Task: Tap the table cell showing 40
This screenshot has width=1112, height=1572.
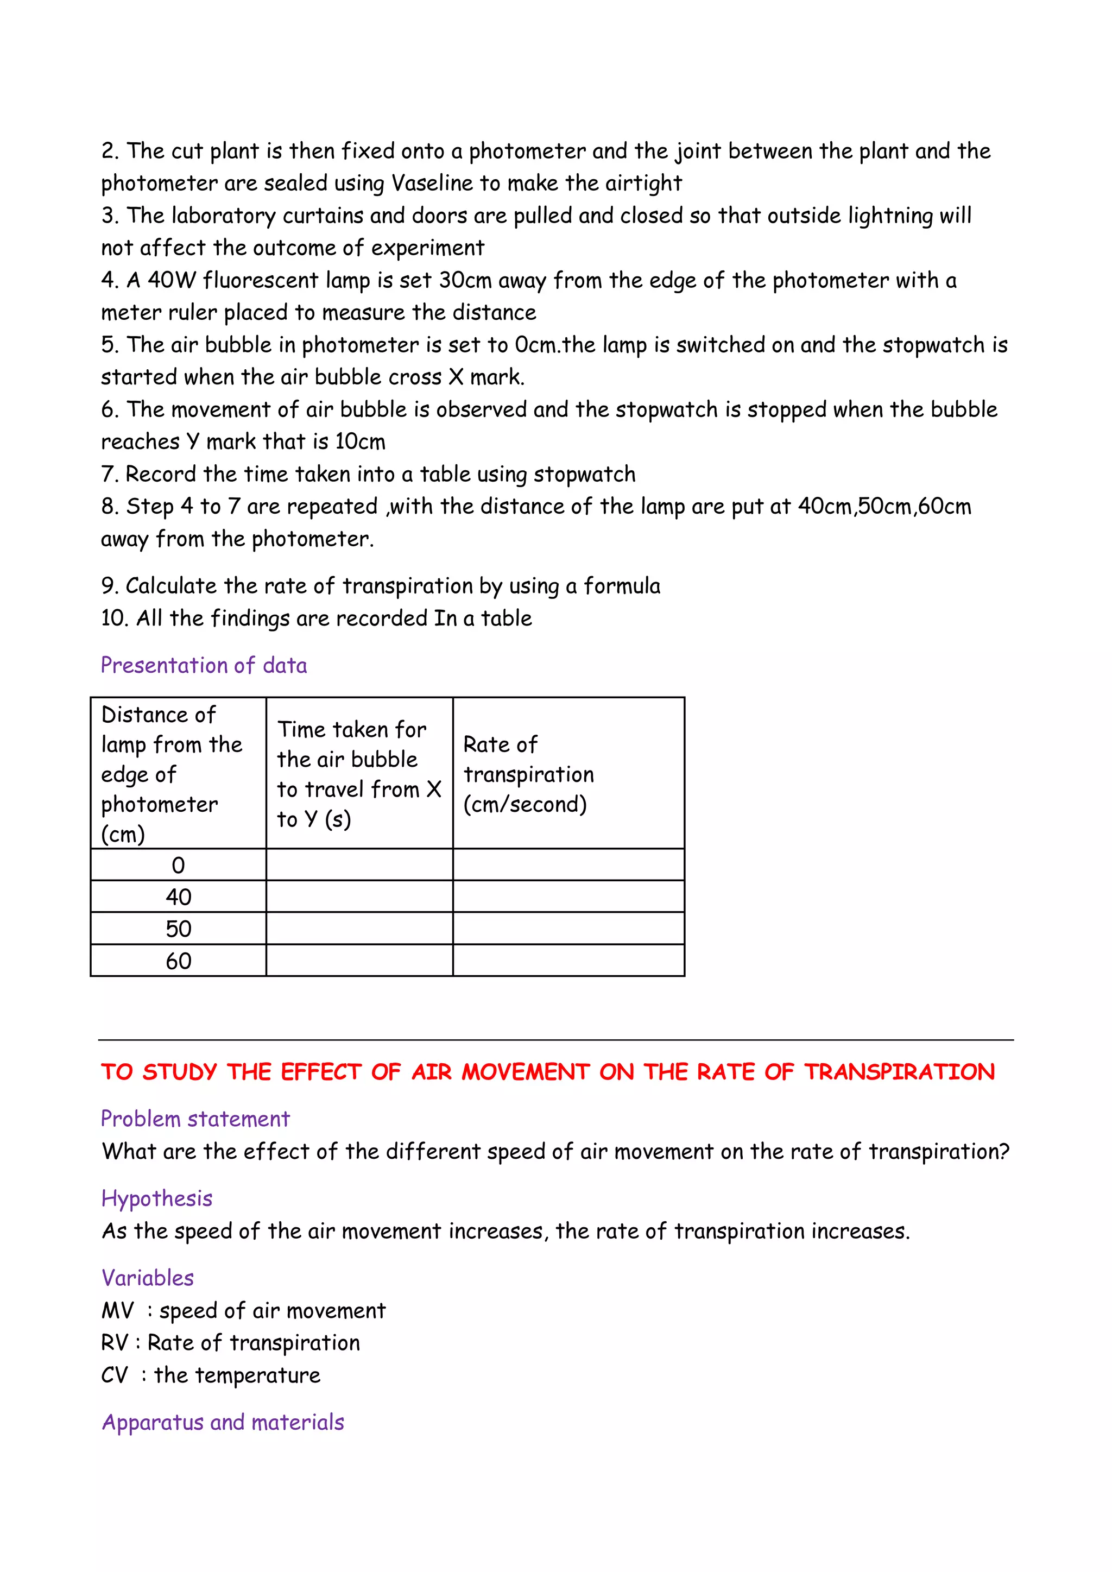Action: click(x=178, y=897)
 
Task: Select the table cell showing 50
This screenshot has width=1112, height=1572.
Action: click(x=178, y=929)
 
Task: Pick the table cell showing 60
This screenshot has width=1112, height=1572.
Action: click(x=178, y=961)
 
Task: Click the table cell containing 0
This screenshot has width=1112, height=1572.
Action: click(x=178, y=866)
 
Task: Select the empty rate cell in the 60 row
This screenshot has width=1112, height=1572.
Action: click(x=568, y=961)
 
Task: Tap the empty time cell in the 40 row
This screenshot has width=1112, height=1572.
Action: click(x=359, y=897)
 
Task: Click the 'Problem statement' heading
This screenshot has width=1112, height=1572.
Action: click(x=195, y=1119)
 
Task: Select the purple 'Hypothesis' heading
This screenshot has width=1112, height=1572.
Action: click(x=157, y=1198)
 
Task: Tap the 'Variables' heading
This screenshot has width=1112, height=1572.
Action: click(x=147, y=1278)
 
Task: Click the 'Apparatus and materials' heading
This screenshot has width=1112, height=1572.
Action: click(x=223, y=1422)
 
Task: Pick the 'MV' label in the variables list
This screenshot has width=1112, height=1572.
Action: click(x=117, y=1310)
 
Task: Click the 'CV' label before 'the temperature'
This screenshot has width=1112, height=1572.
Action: click(x=115, y=1375)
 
